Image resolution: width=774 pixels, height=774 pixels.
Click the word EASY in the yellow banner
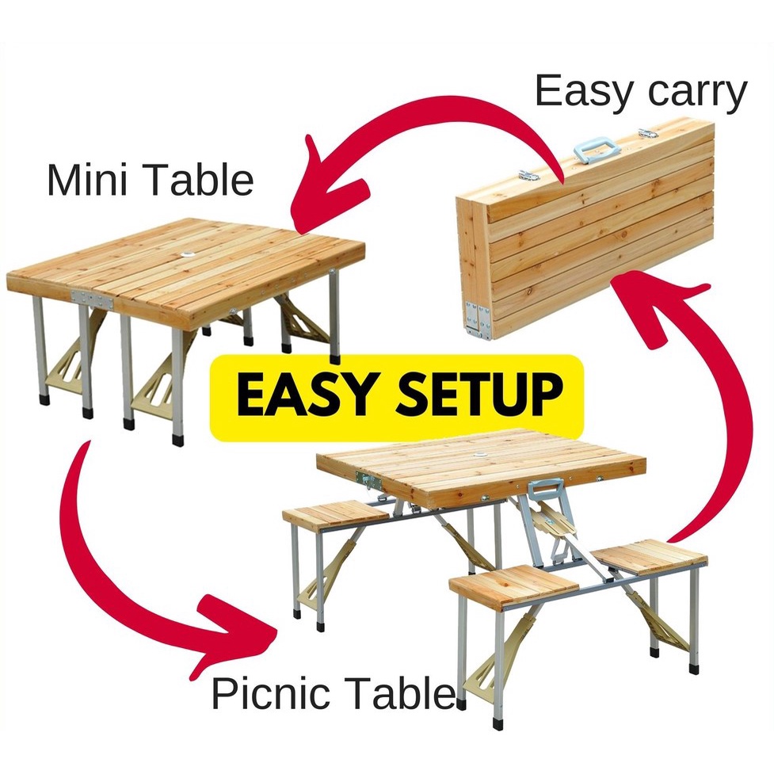[297, 395]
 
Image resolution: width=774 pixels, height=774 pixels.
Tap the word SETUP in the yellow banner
[467, 395]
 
